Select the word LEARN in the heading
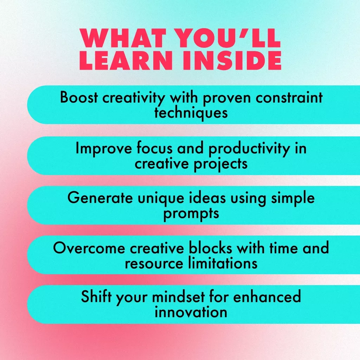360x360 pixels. (x=126, y=60)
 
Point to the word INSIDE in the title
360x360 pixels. (x=232, y=60)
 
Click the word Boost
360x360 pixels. (x=79, y=97)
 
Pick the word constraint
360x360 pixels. (x=289, y=97)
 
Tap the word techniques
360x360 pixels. (x=191, y=113)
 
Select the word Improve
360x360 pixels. (x=104, y=149)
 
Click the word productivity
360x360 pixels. (x=249, y=149)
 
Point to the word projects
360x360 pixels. (x=221, y=164)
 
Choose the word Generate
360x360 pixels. (x=100, y=198)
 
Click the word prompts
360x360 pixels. (x=191, y=214)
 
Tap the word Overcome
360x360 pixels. (x=89, y=248)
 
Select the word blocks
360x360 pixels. (x=210, y=248)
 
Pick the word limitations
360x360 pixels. (x=223, y=263)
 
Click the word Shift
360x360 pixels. (x=96, y=296)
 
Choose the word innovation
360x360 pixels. (x=191, y=312)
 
